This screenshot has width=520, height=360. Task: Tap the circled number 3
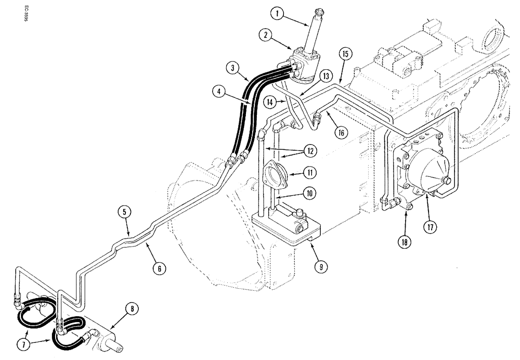233,68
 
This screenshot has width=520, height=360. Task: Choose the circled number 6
160,268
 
